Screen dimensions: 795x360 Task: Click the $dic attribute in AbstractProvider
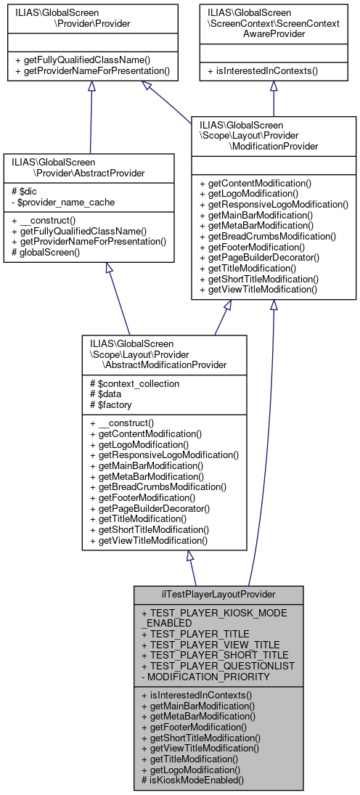pyautogui.click(x=22, y=192)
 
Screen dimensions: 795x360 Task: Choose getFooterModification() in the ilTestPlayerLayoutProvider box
pyautogui.click(x=194, y=727)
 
